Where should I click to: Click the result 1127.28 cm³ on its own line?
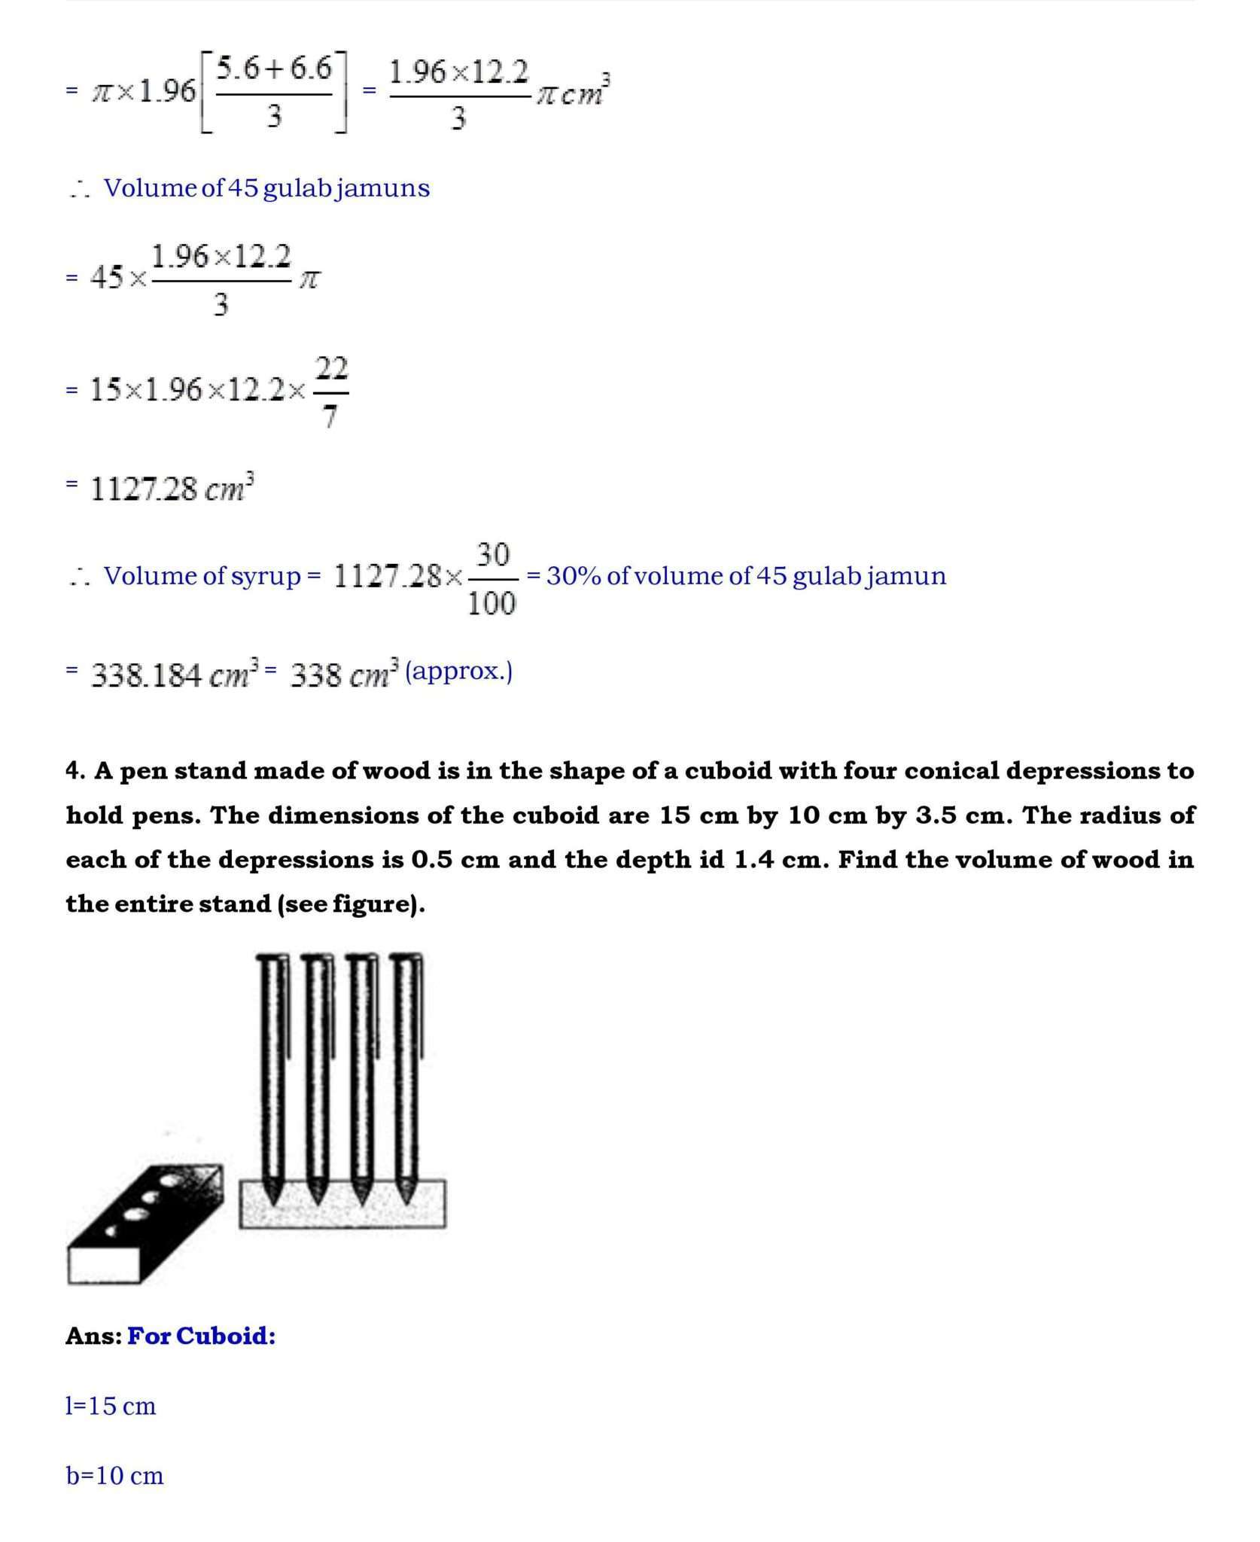tap(172, 489)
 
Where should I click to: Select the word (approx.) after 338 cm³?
tap(458, 671)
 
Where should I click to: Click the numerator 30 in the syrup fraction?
tap(492, 556)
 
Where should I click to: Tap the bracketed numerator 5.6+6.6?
tap(274, 69)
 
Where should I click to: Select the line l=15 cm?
tap(111, 1406)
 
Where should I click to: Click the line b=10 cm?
tap(114, 1475)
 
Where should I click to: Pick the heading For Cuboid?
tap(201, 1336)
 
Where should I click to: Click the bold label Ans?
tap(93, 1336)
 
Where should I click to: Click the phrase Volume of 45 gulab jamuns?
tap(266, 187)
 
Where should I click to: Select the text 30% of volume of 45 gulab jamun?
tap(746, 576)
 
